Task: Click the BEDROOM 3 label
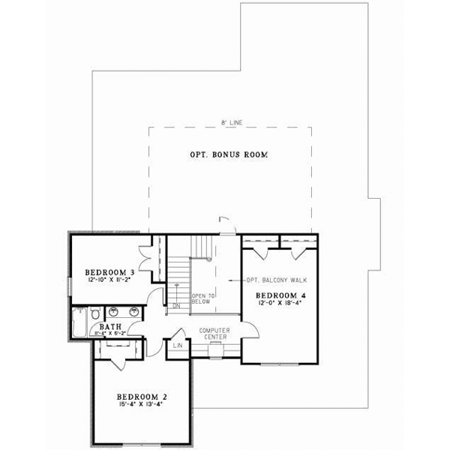[x=109, y=271]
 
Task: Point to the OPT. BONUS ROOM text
[x=229, y=155]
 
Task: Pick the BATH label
[x=110, y=327]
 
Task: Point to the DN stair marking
[x=177, y=306]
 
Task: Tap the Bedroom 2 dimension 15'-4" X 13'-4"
[x=140, y=404]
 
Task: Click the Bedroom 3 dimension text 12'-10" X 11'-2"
[x=109, y=280]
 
